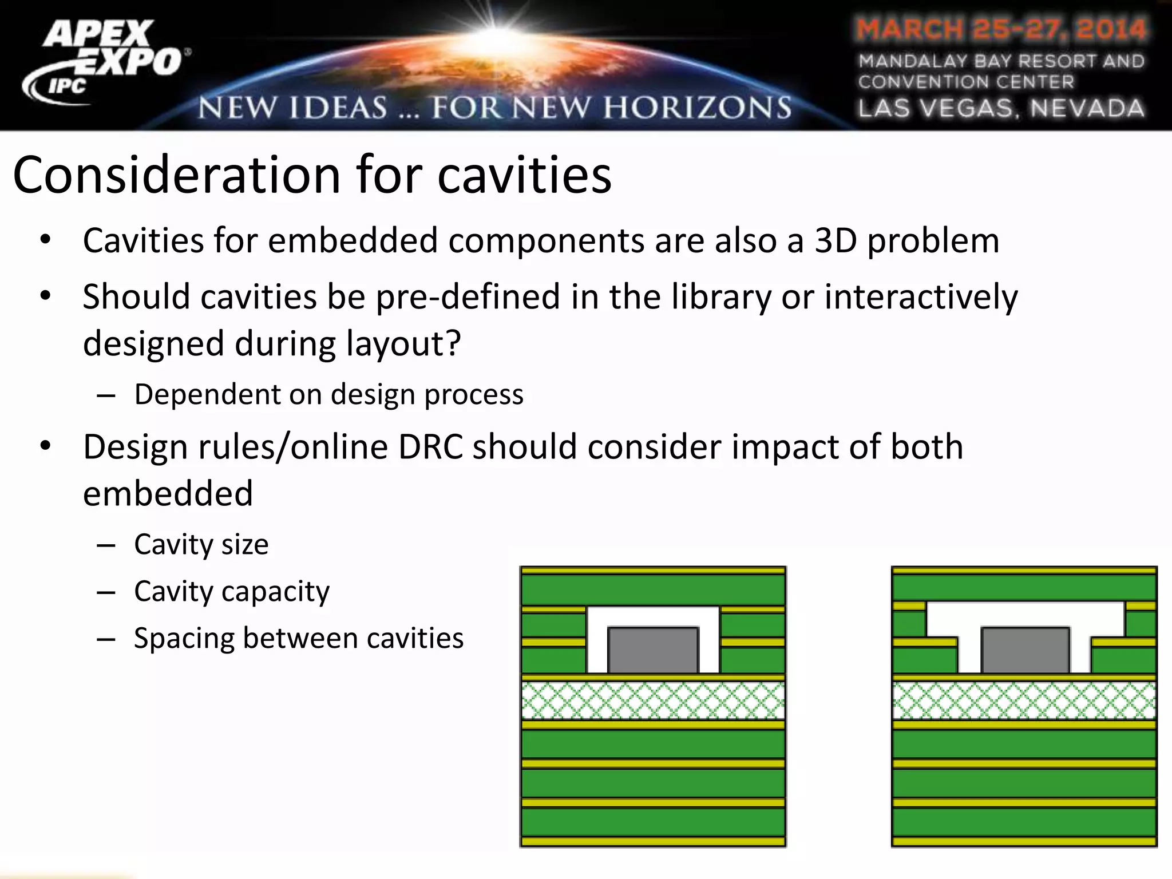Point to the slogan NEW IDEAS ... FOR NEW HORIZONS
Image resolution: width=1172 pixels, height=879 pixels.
pos(494,108)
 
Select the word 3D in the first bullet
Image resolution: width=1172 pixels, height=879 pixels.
pos(836,240)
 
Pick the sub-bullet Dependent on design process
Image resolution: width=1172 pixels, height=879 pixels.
pos(328,394)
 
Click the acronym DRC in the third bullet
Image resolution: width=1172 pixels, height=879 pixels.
pos(430,447)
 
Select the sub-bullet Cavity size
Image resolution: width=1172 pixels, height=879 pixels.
pos(201,544)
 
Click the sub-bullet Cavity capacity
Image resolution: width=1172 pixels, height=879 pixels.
pos(231,591)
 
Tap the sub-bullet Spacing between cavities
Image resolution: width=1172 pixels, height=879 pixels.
pos(298,638)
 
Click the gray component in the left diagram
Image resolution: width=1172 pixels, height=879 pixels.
pos(653,650)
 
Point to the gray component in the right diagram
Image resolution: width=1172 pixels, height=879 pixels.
pos(1025,650)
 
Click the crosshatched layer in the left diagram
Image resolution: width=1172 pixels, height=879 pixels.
pos(653,700)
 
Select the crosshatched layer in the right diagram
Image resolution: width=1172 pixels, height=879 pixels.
pos(1024,700)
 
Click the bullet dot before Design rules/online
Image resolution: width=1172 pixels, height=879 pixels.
pos(46,445)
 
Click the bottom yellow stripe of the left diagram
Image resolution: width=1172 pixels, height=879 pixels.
pos(653,842)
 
